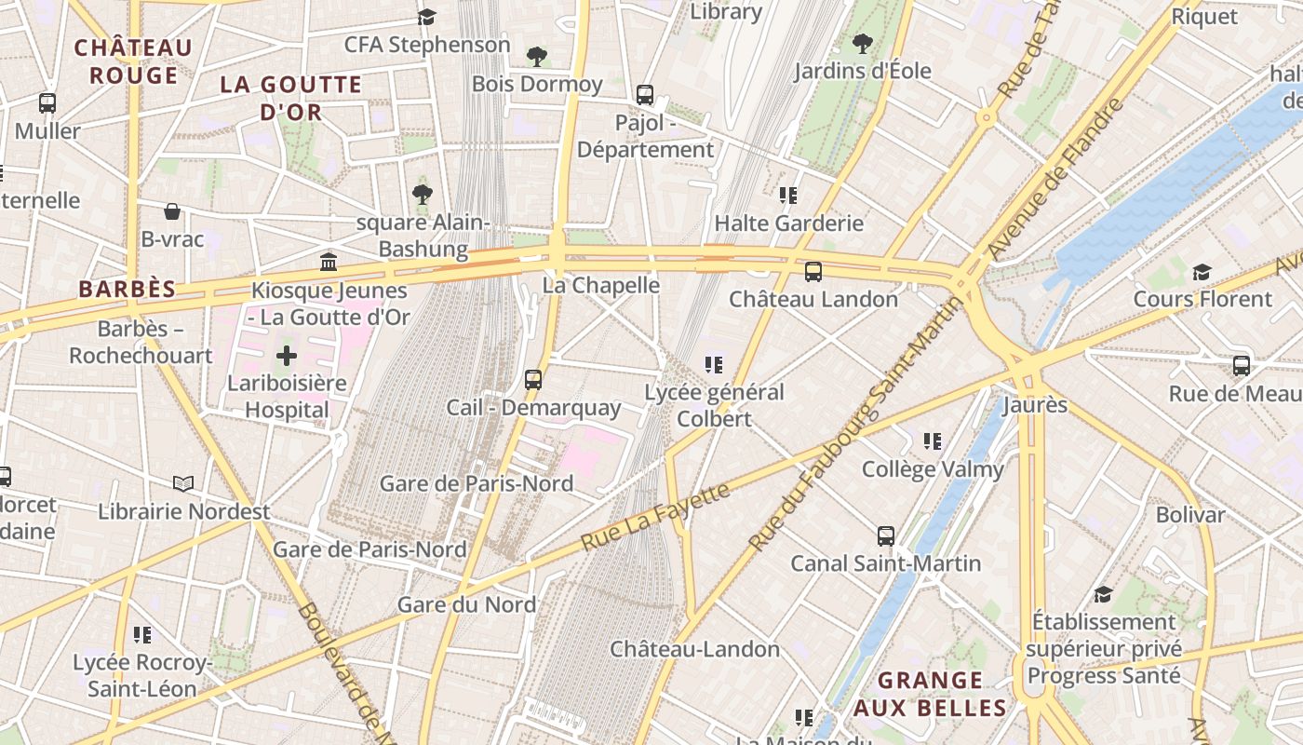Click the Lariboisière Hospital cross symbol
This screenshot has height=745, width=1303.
(287, 355)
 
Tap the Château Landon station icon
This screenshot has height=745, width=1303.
(813, 272)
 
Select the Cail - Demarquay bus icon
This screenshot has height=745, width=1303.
(533, 379)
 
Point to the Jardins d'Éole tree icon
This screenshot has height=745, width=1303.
(863, 43)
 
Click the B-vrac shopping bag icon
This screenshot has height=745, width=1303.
(172, 211)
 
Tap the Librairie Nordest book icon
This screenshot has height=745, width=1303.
(184, 483)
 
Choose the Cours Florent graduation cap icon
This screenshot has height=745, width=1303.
(1202, 272)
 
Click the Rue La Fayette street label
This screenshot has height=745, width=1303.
(655, 516)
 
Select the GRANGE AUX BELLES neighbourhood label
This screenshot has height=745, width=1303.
(930, 694)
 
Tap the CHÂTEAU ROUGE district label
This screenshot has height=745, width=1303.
(133, 61)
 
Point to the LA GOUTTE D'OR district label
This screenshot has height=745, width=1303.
(290, 98)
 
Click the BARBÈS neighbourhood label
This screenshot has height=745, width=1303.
(127, 289)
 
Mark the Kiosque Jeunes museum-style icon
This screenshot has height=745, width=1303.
(329, 263)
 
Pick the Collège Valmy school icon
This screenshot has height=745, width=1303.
(933, 441)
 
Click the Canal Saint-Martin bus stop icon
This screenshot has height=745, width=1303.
(885, 536)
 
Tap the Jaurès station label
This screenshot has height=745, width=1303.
(1035, 406)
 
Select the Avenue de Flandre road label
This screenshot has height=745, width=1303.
(1055, 178)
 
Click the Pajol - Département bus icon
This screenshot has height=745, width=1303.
(645, 94)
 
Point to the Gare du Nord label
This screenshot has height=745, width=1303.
(466, 604)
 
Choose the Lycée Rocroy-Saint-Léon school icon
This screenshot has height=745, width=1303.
(142, 635)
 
